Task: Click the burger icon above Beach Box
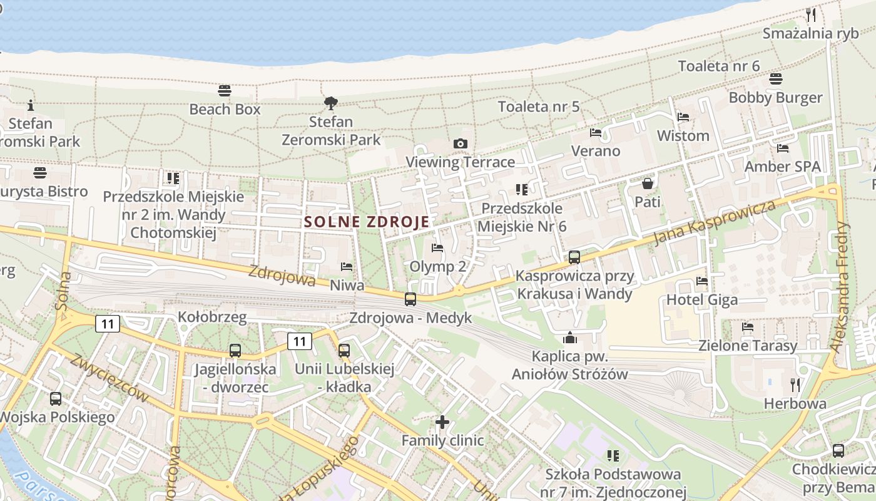(x=225, y=91)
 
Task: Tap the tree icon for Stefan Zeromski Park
(x=331, y=103)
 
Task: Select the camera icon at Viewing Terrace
(x=461, y=144)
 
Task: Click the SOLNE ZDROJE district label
(x=367, y=222)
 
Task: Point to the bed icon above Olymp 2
(x=437, y=249)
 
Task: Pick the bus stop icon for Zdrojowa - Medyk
(x=410, y=299)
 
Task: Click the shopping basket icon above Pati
(x=648, y=183)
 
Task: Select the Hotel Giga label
(x=702, y=300)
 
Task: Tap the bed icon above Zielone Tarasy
(x=748, y=327)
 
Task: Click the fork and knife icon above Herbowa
(x=795, y=385)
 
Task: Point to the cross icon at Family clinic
(x=442, y=422)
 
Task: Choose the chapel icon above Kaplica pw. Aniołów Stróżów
(x=570, y=338)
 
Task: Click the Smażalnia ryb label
(x=811, y=34)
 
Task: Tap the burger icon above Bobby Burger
(x=776, y=79)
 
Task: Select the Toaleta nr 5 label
(x=539, y=106)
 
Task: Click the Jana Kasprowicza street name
(x=714, y=223)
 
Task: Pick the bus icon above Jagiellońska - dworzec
(x=235, y=351)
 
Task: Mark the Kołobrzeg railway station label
(x=212, y=317)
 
